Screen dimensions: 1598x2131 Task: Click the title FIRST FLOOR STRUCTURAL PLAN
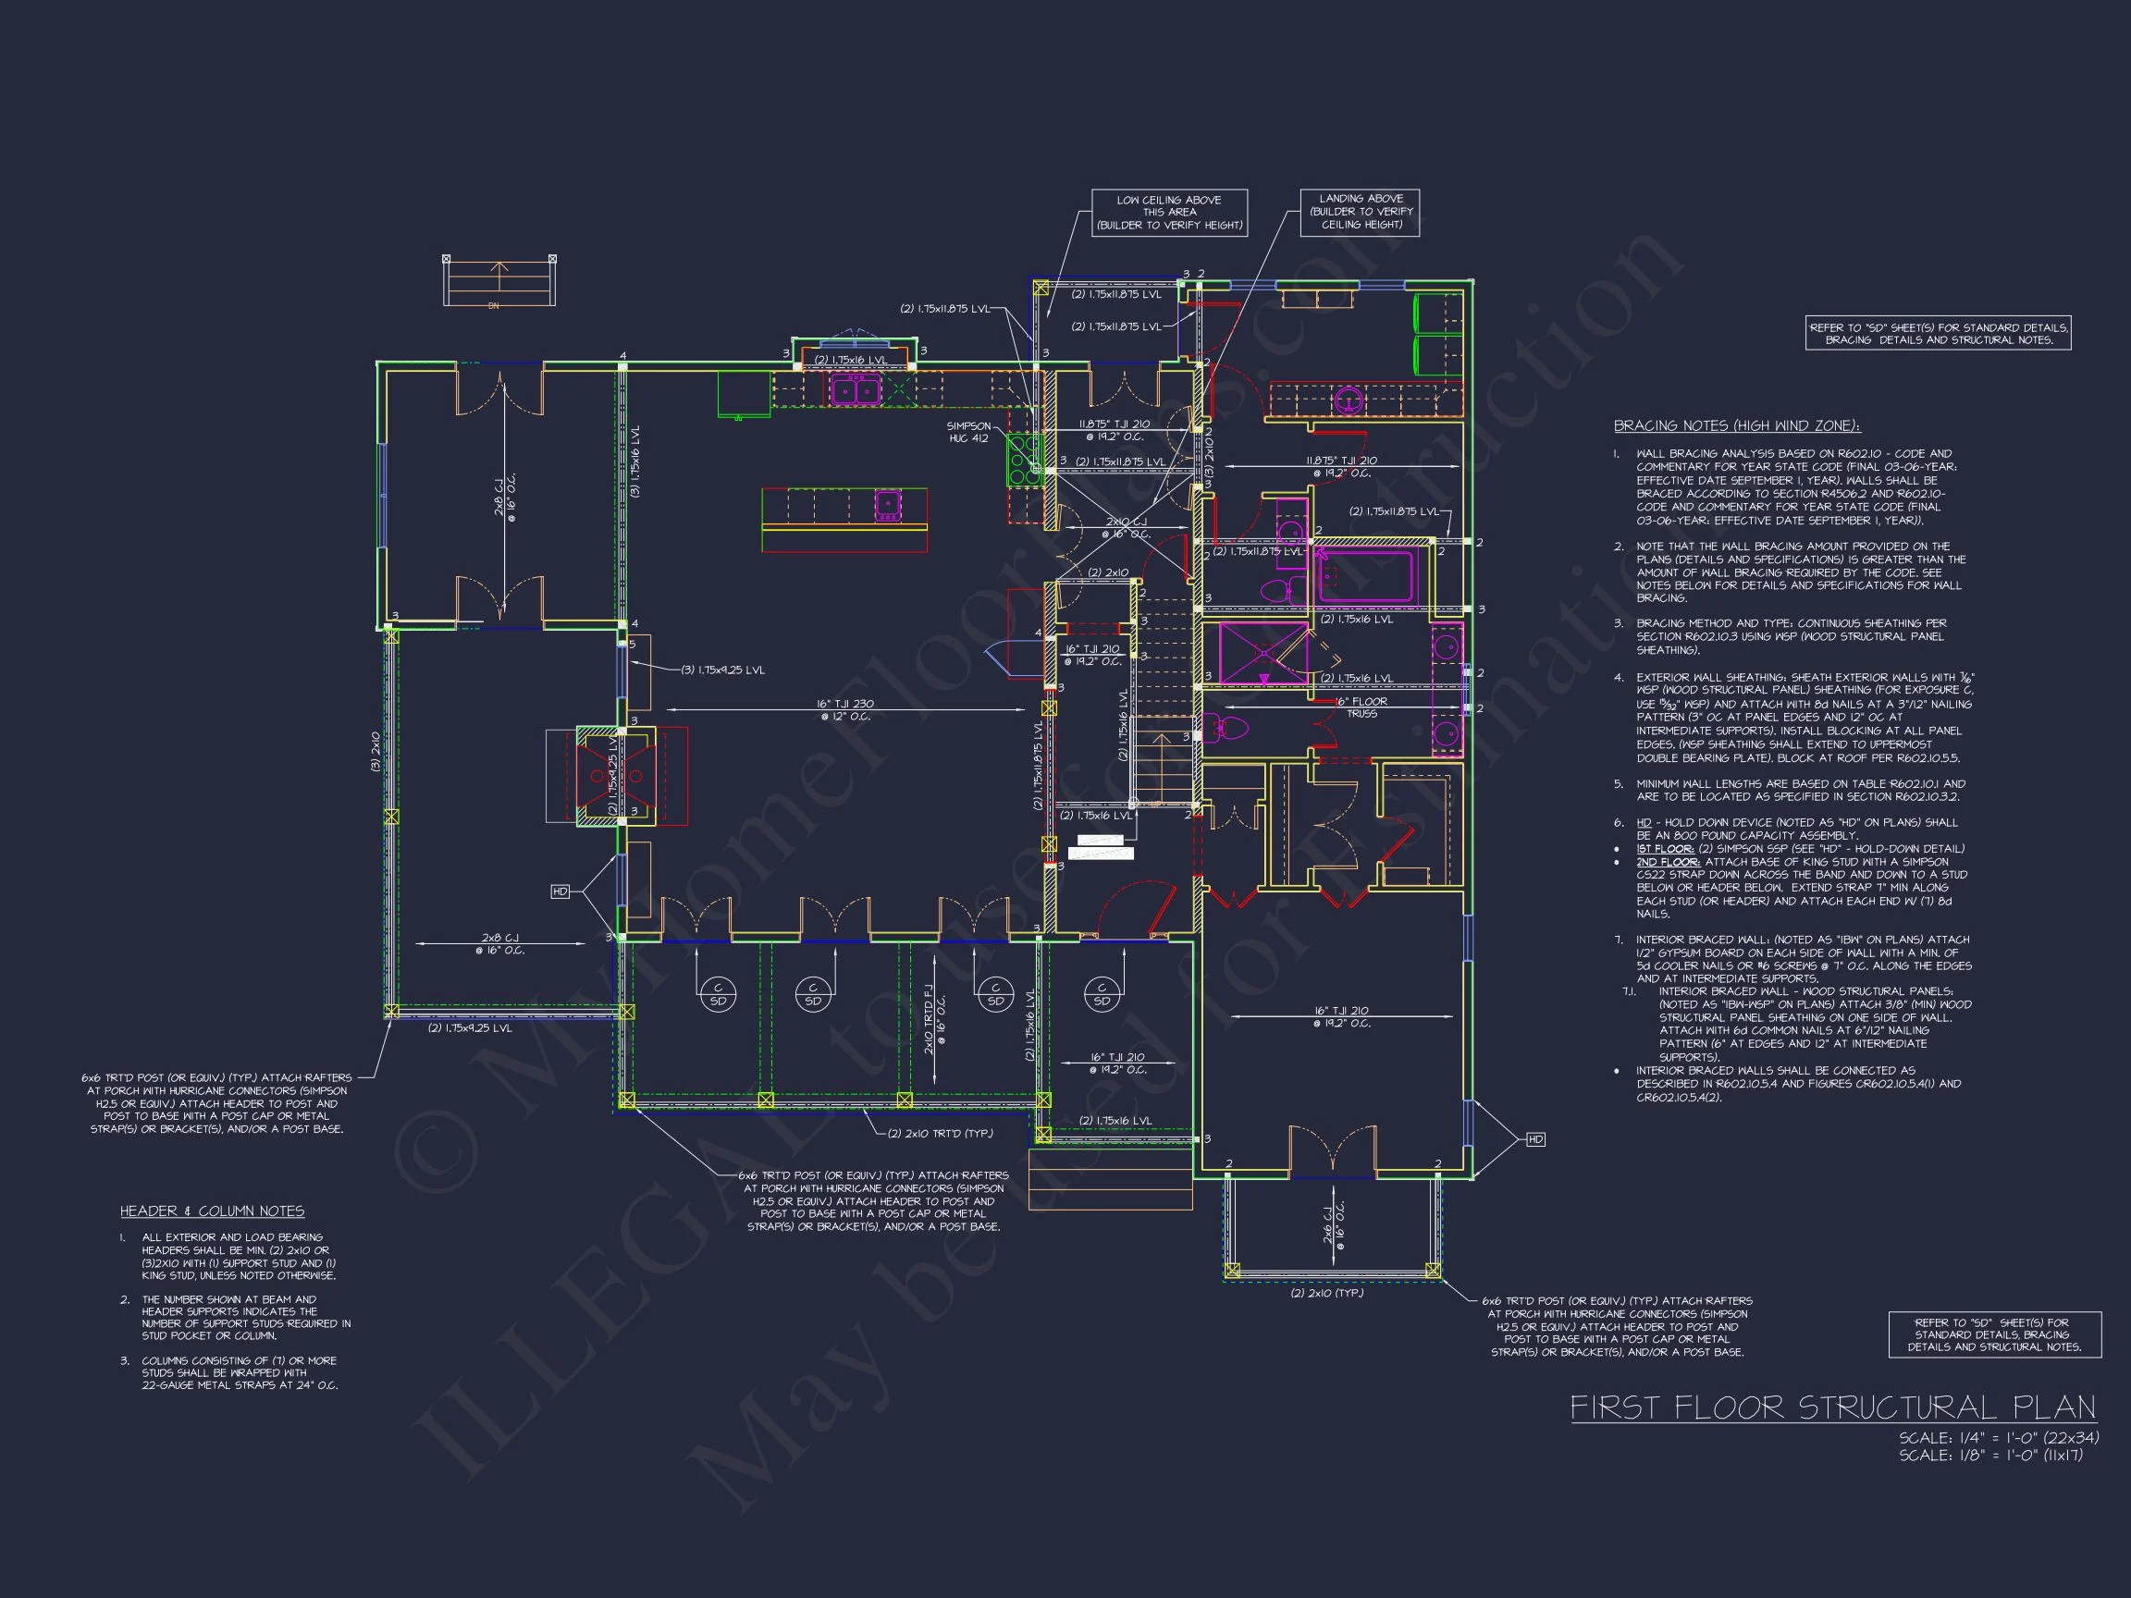point(1832,1407)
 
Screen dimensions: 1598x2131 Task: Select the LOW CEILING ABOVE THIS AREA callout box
point(1168,213)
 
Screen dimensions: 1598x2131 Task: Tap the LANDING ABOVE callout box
point(1361,212)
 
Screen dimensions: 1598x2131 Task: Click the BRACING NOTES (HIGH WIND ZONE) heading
point(1736,425)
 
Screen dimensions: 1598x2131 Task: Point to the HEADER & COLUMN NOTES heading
point(212,1211)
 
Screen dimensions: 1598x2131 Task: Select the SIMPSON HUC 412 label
point(968,433)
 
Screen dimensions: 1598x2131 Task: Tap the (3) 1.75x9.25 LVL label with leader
point(722,670)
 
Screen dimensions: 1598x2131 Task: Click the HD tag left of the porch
point(560,891)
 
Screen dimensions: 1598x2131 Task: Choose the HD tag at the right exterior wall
point(1535,1139)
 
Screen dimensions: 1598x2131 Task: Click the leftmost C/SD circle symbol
point(717,993)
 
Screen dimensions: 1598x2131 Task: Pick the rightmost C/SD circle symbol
point(1102,993)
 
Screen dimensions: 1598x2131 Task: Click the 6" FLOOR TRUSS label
point(1361,708)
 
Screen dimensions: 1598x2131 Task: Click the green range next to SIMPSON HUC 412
point(1024,461)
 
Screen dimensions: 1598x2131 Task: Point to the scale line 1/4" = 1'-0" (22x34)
point(1998,1438)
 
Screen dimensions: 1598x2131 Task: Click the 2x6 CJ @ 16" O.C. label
point(1334,1224)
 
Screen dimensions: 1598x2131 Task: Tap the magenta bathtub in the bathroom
point(1364,575)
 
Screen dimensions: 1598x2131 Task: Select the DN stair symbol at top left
point(499,281)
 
